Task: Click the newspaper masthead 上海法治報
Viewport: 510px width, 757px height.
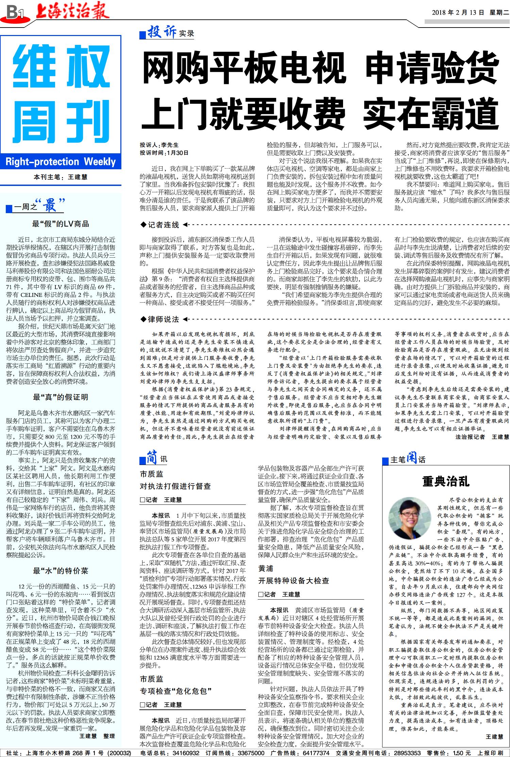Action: click(72, 10)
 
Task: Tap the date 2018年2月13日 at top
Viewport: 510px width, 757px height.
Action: click(458, 13)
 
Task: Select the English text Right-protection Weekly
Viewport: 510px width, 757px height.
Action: click(61, 161)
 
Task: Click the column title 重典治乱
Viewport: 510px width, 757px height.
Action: click(446, 481)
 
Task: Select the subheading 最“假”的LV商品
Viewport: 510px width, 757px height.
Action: click(61, 224)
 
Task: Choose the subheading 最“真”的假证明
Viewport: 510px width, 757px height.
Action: click(61, 397)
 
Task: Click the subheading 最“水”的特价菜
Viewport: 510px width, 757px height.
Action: click(61, 570)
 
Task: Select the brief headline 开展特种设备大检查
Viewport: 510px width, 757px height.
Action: click(293, 581)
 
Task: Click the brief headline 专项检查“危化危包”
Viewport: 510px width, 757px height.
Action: click(176, 691)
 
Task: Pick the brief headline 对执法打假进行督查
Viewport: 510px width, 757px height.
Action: click(175, 486)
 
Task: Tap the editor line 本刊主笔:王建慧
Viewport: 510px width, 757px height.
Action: click(61, 177)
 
